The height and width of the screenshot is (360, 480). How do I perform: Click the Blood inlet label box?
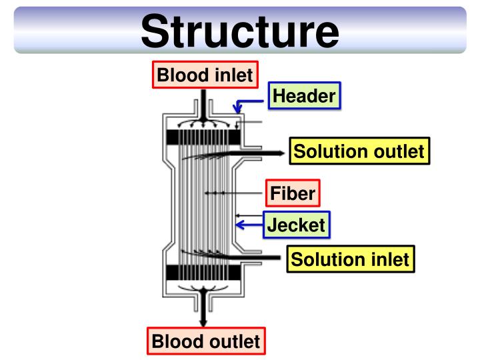coord(204,75)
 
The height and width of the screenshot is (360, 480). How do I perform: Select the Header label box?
coord(304,98)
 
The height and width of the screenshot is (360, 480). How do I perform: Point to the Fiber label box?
coord(292,194)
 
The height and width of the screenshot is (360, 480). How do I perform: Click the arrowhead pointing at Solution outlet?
coord(281,153)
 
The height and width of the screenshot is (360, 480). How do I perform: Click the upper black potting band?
coord(203,137)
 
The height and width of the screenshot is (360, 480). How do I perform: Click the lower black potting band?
coord(203,273)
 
